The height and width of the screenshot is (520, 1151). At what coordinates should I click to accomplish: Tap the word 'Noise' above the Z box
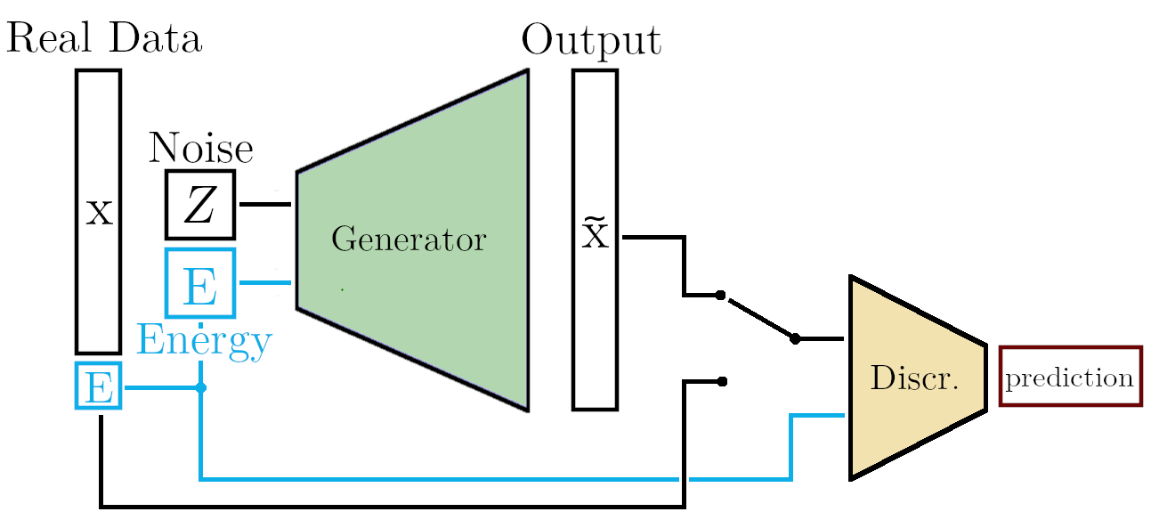point(200,148)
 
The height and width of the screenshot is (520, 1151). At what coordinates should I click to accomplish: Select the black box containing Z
point(200,205)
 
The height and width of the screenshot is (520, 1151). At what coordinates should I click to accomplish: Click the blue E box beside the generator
point(200,283)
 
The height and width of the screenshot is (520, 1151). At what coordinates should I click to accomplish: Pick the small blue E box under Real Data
point(98,387)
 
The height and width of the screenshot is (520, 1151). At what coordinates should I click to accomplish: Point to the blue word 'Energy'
point(204,342)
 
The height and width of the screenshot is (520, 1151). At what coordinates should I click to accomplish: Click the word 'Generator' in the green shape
point(409,240)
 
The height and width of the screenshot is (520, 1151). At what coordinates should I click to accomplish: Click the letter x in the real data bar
point(99,213)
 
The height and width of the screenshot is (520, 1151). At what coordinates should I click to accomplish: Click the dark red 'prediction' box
point(1070,377)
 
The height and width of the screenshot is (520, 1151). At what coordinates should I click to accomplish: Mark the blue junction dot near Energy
point(201,388)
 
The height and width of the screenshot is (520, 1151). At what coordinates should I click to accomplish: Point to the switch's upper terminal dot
point(721,295)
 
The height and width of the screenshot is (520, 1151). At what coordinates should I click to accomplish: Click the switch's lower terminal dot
point(723,381)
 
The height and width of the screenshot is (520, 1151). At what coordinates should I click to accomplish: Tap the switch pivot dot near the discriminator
point(796,338)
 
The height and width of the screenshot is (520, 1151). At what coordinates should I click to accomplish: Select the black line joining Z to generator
point(265,205)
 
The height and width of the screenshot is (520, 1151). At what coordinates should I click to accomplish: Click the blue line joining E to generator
point(265,283)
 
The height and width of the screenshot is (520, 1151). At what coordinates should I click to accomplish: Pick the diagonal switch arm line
point(758,317)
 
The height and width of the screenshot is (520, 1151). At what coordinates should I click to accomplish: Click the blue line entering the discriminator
point(815,415)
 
